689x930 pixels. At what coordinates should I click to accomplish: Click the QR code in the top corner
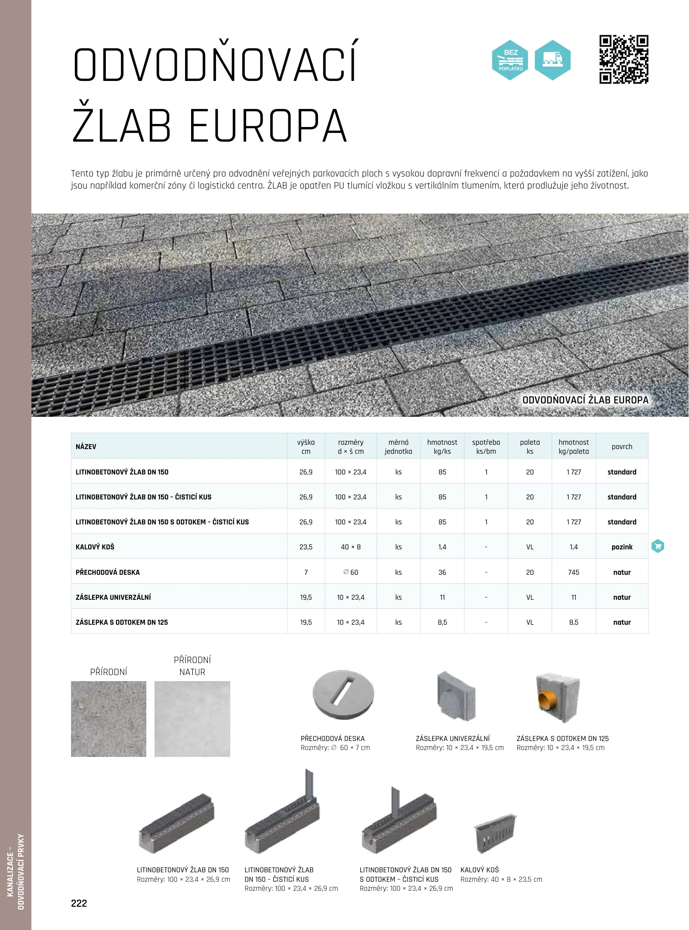point(624,59)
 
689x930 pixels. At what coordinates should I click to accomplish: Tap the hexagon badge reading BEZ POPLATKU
point(510,60)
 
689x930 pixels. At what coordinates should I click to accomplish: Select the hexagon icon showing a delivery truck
point(553,60)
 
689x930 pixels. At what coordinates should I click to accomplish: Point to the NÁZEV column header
point(86,446)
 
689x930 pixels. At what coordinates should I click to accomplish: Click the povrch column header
point(622,446)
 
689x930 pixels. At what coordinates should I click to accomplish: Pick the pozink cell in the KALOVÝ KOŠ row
point(622,547)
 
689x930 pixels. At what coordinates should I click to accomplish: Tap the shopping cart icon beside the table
point(658,546)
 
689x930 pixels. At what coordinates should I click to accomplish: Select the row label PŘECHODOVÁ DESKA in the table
point(108,572)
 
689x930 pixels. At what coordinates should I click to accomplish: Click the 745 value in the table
point(574,572)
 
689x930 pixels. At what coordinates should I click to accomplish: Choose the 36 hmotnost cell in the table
point(442,572)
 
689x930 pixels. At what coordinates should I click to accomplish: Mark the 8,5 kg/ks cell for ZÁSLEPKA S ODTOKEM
point(442,622)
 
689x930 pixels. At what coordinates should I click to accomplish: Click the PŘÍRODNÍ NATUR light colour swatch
point(192,719)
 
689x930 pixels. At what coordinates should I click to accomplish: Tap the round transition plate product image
point(343,694)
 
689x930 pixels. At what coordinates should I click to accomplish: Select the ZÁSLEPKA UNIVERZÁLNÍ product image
point(456,696)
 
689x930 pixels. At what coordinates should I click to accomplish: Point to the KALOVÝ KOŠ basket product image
point(495,833)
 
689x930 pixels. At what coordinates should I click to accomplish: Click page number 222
point(79,903)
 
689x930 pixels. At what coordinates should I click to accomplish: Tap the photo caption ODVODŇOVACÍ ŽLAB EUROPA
point(585,400)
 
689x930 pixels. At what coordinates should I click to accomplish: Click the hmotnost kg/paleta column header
point(574,446)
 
